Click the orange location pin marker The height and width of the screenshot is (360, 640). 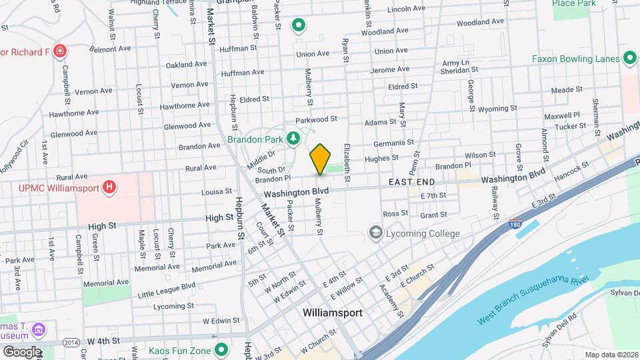[320, 159]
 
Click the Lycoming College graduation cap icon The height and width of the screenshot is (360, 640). [375, 233]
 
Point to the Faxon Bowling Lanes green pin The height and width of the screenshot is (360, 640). [629, 59]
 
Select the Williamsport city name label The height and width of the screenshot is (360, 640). [332, 312]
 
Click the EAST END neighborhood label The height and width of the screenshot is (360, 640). [412, 182]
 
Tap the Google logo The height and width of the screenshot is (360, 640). [22, 351]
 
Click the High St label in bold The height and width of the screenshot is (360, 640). [215, 218]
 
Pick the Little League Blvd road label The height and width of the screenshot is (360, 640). [167, 289]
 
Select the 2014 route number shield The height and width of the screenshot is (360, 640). [71, 342]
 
